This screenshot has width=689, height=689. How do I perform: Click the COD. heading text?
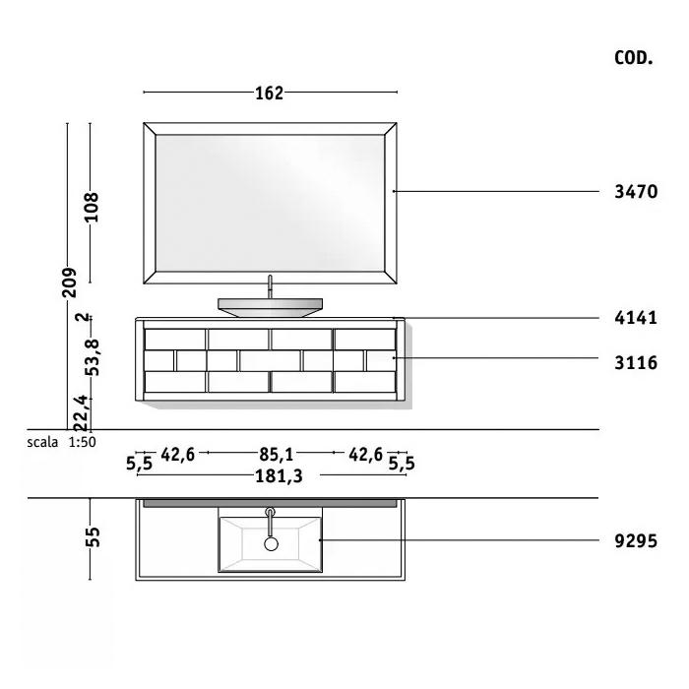point(633,58)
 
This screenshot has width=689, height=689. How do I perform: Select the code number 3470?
point(636,192)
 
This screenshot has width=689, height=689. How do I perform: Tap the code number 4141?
point(636,318)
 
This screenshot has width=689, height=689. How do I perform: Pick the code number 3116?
point(636,363)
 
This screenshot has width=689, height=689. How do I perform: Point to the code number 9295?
point(636,541)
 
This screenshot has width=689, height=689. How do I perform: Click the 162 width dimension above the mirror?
point(270,94)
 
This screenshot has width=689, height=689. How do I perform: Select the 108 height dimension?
point(92,207)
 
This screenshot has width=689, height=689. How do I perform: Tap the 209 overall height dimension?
point(69,282)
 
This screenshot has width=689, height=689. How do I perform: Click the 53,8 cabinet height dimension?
point(93,357)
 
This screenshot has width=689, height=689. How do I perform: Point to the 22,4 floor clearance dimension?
point(82,413)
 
